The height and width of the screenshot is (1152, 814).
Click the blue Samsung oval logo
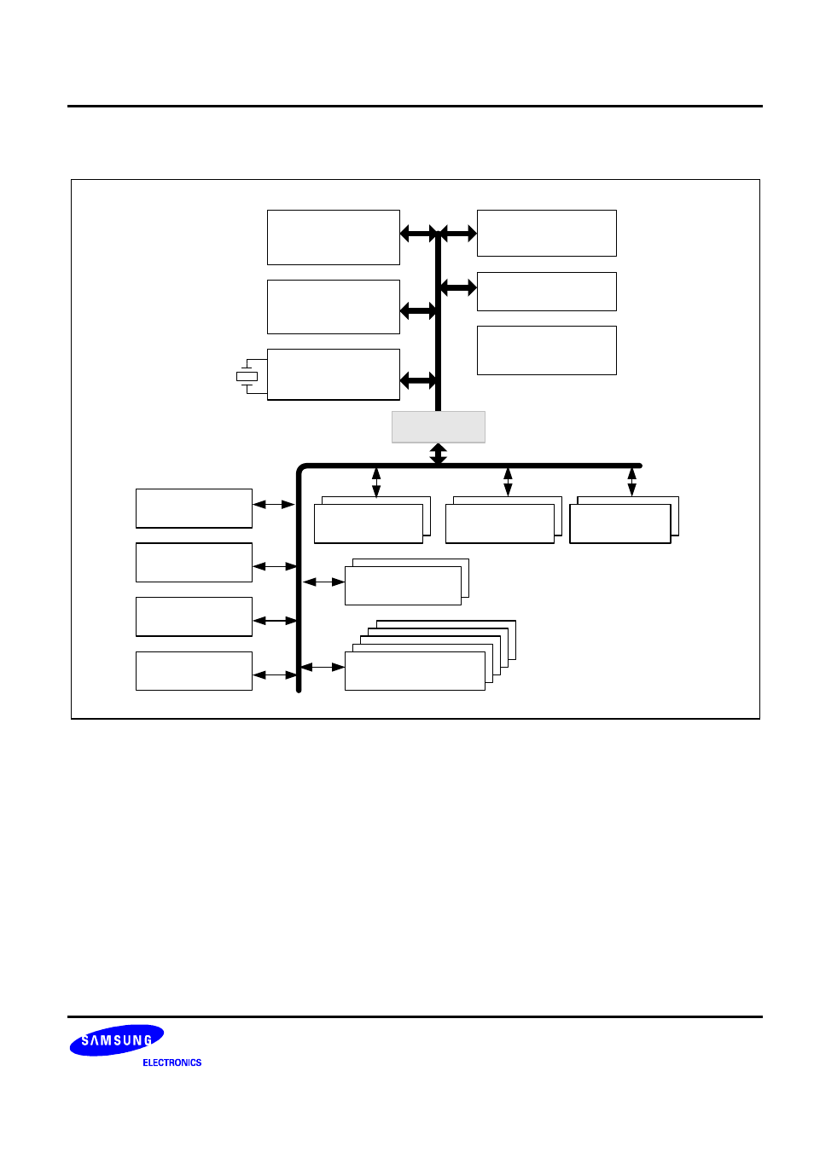(116, 1040)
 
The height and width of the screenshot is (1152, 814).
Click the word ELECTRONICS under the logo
(172, 1062)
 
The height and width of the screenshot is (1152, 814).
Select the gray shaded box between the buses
(438, 426)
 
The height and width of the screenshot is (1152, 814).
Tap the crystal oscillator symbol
(247, 376)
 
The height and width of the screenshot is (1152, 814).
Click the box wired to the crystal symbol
(333, 373)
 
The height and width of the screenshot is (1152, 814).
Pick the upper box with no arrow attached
(546, 350)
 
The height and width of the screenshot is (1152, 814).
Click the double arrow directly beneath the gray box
(438, 454)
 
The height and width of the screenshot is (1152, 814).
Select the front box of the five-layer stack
(415, 671)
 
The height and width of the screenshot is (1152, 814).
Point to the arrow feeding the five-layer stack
(323, 667)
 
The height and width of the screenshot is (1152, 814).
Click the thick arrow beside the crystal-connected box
(418, 381)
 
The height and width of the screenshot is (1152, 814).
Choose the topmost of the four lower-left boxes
(194, 508)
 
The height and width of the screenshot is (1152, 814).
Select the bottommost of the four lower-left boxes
(194, 671)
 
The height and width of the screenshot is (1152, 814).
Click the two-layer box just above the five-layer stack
(403, 586)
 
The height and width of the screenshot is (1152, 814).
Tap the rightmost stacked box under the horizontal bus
(620, 523)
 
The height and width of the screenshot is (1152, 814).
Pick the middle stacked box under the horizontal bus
(500, 523)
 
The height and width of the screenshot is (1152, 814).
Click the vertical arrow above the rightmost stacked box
(631, 481)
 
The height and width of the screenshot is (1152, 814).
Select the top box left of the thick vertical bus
(333, 237)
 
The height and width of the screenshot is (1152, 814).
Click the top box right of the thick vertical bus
(546, 233)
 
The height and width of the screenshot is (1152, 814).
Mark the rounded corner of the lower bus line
(301, 469)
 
